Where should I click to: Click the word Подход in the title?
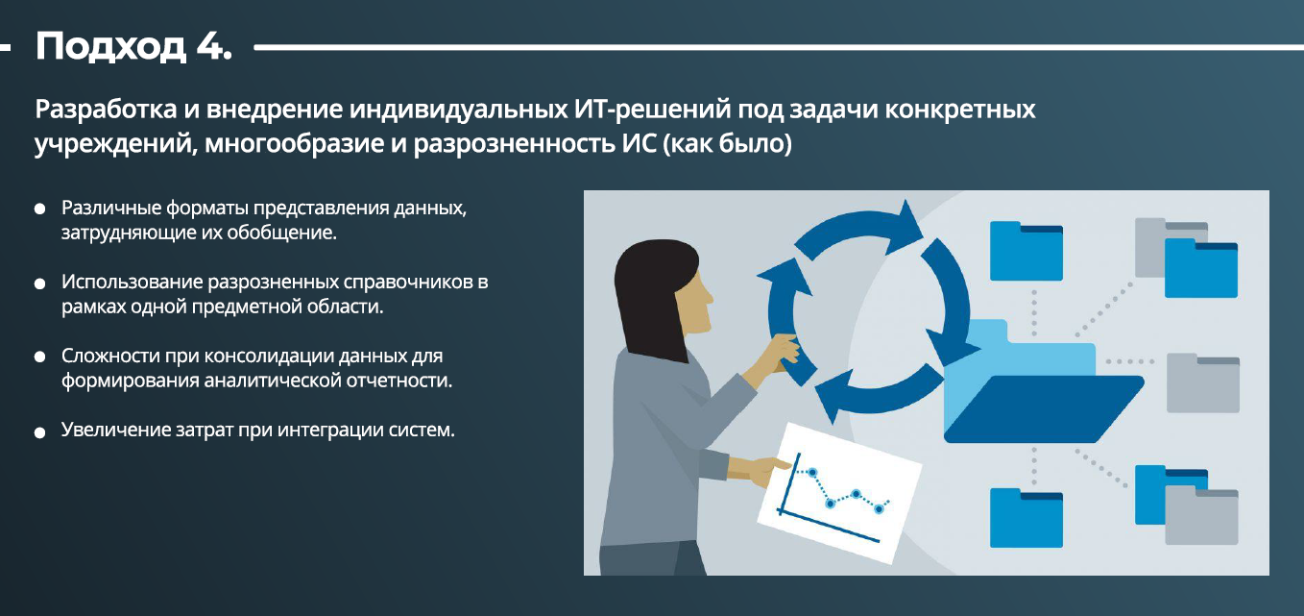pyautogui.click(x=110, y=47)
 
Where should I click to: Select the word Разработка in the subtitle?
pyautogui.click(x=106, y=109)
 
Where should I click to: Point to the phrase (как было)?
pyautogui.click(x=728, y=143)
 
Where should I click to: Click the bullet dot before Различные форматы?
pyautogui.click(x=39, y=209)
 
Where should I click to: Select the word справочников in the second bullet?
pyautogui.click(x=409, y=283)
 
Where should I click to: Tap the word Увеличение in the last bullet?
pyautogui.click(x=111, y=431)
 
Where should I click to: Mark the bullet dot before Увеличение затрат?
pyautogui.click(x=39, y=432)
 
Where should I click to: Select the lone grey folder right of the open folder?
pyautogui.click(x=1203, y=382)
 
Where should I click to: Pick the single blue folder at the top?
pyautogui.click(x=1026, y=251)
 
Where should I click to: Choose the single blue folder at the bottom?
pyautogui.click(x=1026, y=518)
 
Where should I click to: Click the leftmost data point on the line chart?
pyautogui.click(x=812, y=472)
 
